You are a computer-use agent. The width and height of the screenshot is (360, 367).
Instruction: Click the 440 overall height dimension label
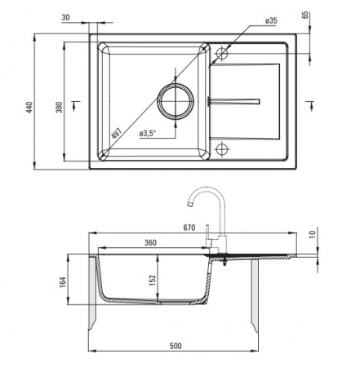[29, 107]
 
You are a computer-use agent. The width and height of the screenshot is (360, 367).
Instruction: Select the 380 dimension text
[59, 107]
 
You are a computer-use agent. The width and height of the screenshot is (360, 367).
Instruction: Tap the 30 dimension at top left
[66, 17]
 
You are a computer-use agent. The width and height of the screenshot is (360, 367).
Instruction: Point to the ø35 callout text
[271, 20]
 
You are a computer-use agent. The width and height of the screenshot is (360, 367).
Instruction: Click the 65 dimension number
[305, 15]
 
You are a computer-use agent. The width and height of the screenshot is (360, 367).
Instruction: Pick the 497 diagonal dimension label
[117, 133]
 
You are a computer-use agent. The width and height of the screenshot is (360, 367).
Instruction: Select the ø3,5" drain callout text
[148, 134]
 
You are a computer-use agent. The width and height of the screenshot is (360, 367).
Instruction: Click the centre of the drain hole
[176, 101]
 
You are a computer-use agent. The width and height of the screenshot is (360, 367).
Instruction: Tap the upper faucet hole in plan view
[222, 53]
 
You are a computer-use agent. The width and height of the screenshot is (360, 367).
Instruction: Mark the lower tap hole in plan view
[222, 149]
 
